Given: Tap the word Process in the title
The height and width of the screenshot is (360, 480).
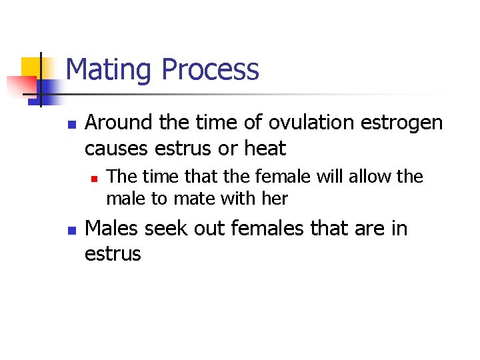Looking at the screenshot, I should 210,70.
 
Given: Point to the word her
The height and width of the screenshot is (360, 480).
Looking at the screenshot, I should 275,199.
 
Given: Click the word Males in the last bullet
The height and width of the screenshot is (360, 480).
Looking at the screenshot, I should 112,229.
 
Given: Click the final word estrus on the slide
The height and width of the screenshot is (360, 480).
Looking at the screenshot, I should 113,254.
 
